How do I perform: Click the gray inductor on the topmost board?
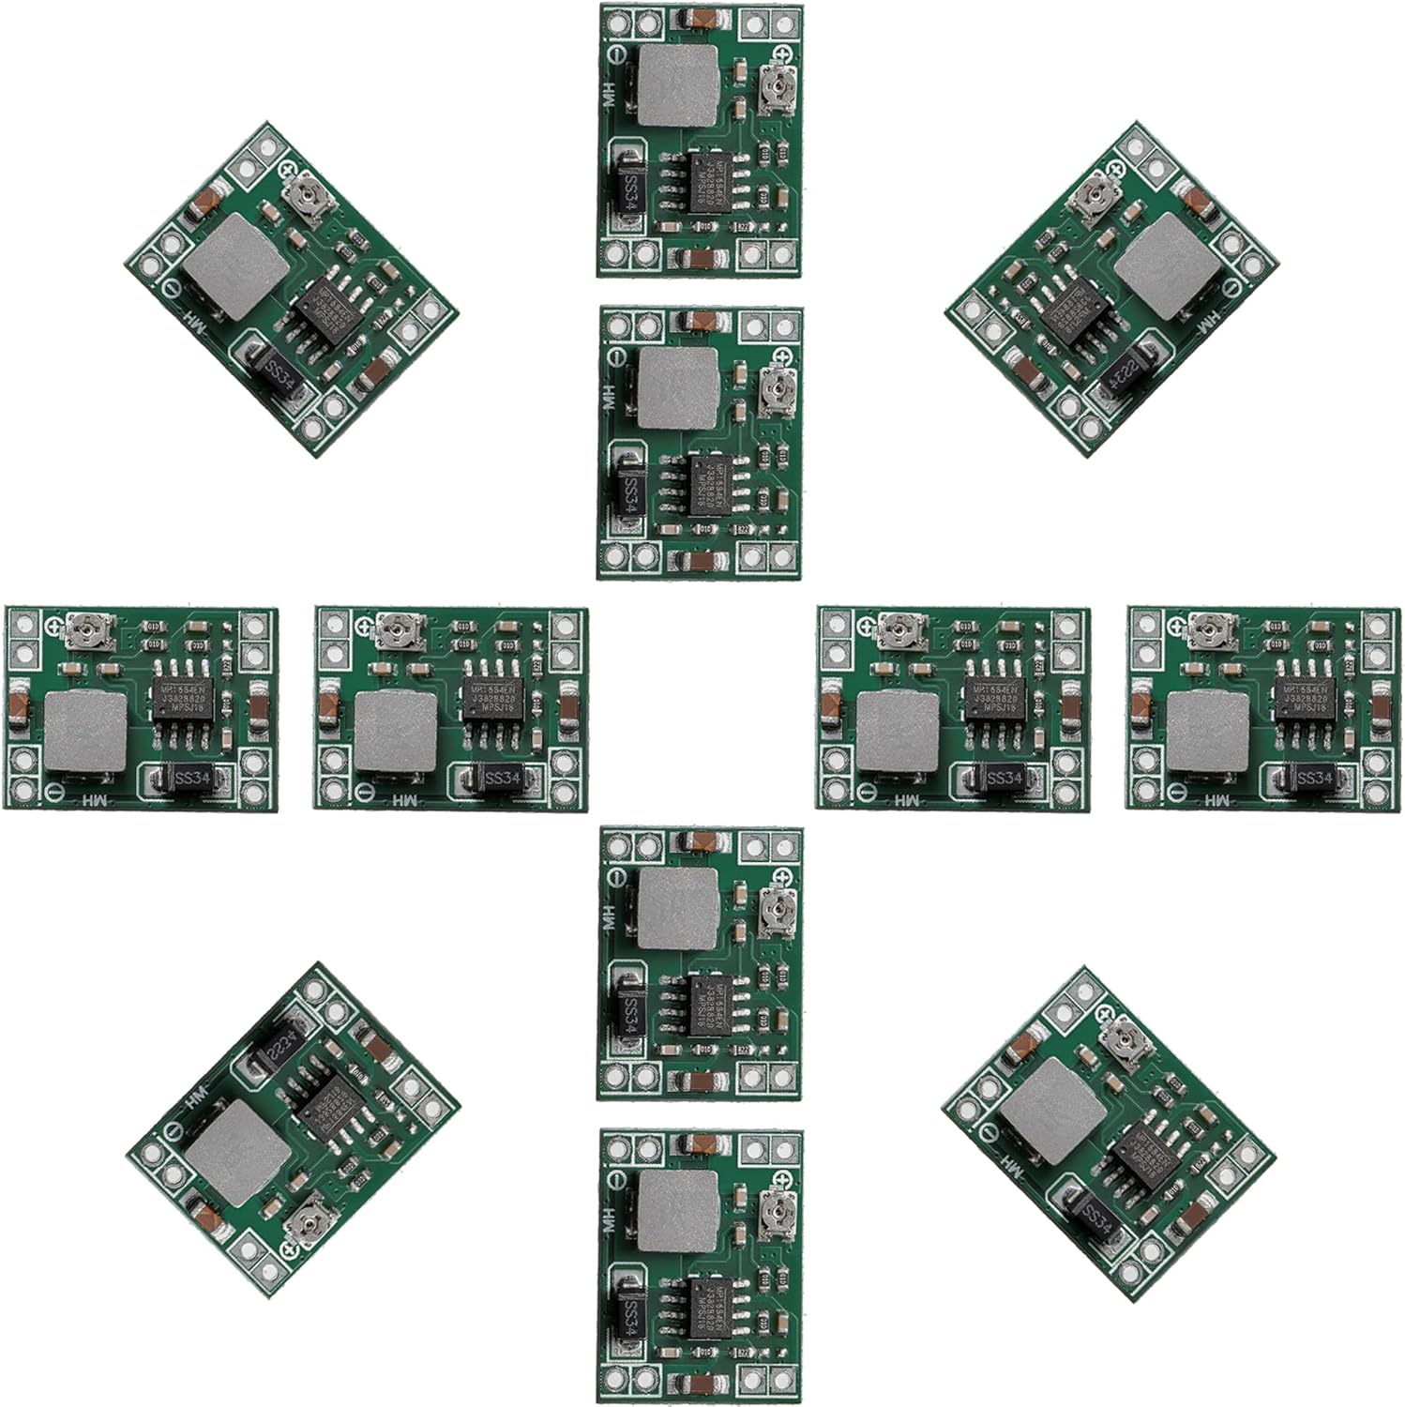[x=673, y=86]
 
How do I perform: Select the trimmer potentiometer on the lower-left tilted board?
[x=303, y=1223]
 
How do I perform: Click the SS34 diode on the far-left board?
[x=187, y=778]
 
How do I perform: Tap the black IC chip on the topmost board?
[x=712, y=182]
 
